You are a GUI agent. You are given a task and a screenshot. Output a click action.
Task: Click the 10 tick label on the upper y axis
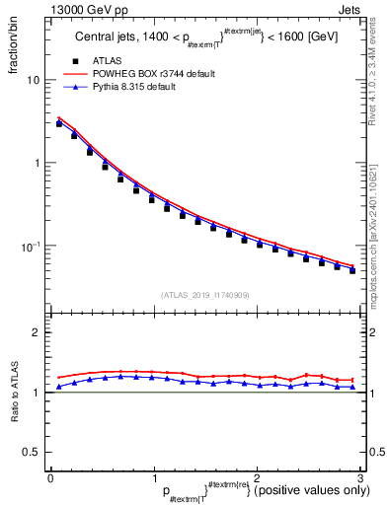coord(34,80)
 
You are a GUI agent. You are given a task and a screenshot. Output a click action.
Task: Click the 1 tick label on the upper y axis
coord(37,163)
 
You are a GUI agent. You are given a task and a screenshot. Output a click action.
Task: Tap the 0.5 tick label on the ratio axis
coord(33,452)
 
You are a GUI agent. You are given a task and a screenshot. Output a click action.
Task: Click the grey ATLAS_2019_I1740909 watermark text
coord(204,295)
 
